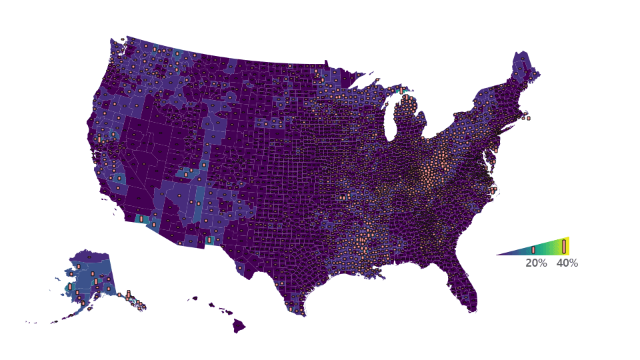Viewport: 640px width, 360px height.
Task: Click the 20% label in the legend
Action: [536, 263]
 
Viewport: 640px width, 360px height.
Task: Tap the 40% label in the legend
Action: [567, 263]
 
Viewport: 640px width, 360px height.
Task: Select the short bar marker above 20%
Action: [533, 250]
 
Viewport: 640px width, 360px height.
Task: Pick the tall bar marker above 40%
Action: [564, 246]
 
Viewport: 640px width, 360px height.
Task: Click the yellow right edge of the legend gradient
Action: [567, 246]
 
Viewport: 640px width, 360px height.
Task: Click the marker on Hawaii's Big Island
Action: [239, 326]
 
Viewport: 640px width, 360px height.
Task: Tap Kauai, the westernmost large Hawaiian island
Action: [195, 299]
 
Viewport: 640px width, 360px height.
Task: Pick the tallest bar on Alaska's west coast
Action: [69, 287]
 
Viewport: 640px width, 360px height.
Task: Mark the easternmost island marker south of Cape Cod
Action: [529, 118]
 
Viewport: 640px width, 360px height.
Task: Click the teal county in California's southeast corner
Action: [141, 219]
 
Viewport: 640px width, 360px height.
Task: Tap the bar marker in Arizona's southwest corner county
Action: [154, 225]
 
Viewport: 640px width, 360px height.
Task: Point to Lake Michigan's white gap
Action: [393, 120]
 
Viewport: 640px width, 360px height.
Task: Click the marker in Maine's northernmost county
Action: [520, 67]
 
